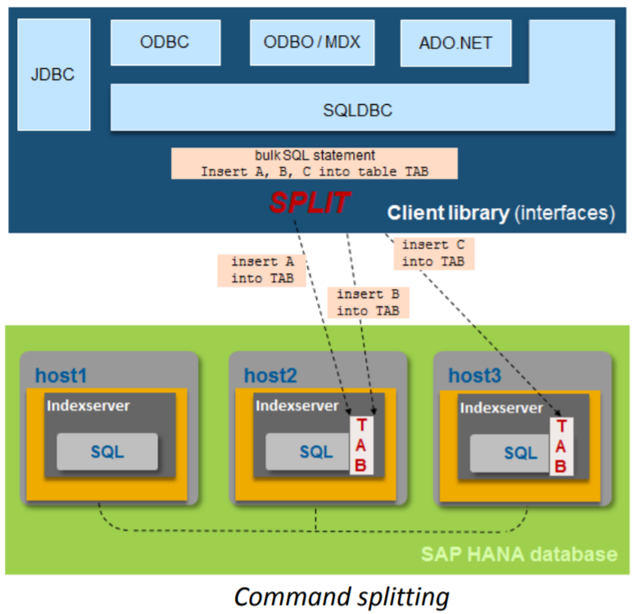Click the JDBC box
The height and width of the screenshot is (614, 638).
(x=52, y=74)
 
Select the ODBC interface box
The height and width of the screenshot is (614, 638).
(x=165, y=43)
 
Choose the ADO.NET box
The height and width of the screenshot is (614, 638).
(x=455, y=43)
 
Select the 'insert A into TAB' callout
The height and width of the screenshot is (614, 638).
(x=256, y=270)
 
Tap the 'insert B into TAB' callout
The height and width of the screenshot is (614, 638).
(x=368, y=303)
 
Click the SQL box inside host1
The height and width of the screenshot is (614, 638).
(x=107, y=452)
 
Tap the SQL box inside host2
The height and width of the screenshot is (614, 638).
(x=314, y=452)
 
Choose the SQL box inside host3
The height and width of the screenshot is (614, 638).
(x=519, y=453)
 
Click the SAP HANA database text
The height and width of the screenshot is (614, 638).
(x=518, y=554)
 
